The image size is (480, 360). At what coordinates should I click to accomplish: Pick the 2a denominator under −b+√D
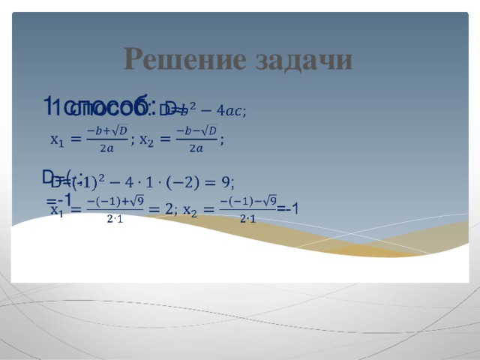pyautogui.click(x=106, y=148)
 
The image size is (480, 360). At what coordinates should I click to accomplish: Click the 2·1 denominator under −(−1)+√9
pyautogui.click(x=115, y=219)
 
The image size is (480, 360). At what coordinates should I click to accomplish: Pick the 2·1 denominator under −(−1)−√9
pyautogui.click(x=247, y=219)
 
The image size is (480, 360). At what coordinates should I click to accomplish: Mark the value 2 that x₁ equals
pyautogui.click(x=169, y=209)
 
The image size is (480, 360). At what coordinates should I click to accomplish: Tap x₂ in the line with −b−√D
pyautogui.click(x=148, y=140)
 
